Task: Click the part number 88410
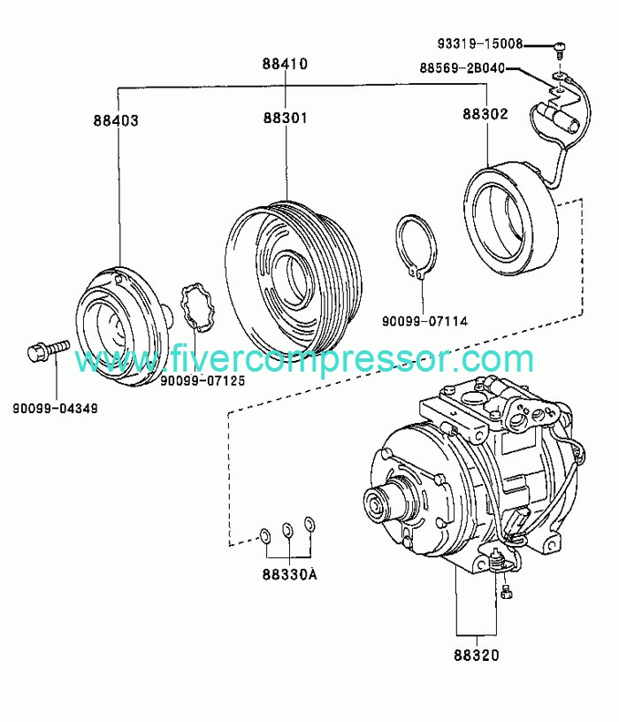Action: tap(285, 64)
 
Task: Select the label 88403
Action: tap(116, 120)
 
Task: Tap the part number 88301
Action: tap(286, 118)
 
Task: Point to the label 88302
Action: tap(485, 114)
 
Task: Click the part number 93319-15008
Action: tap(480, 43)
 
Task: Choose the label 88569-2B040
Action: tap(462, 68)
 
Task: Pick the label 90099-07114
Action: tap(424, 321)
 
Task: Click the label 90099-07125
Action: tap(203, 380)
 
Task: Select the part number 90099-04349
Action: tap(55, 409)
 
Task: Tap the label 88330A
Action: tap(290, 574)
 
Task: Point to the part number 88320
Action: tap(477, 655)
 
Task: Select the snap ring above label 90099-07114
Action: tap(416, 247)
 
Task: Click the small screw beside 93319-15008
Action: tap(559, 50)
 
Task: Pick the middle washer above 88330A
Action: tap(288, 529)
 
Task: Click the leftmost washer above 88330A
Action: tap(265, 535)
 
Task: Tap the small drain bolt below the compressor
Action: tap(506, 592)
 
